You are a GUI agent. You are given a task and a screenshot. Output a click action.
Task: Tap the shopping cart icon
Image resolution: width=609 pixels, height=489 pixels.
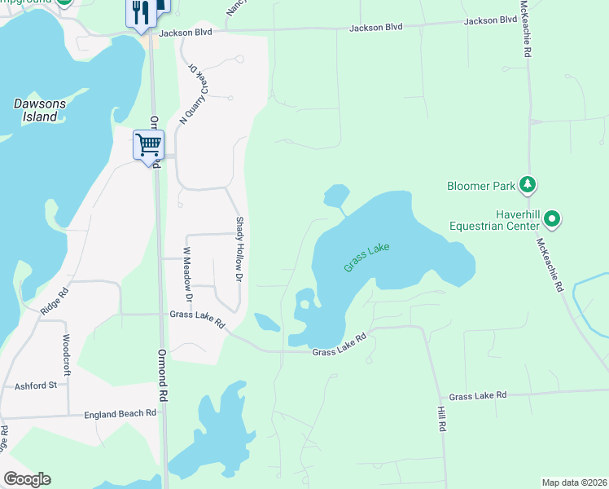click(x=148, y=145)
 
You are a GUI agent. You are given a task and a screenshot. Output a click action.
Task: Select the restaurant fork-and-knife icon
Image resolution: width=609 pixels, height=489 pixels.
click(x=140, y=11)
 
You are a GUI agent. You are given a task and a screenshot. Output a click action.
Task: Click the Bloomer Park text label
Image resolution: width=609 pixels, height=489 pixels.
click(x=481, y=186)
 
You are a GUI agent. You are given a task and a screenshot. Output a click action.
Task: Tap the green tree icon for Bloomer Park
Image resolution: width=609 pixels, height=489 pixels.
click(x=528, y=185)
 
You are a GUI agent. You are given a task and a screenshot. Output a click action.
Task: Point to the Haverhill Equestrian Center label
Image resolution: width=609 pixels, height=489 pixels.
click(x=493, y=219)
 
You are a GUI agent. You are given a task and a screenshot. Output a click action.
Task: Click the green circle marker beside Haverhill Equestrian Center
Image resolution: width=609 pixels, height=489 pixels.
click(x=552, y=218)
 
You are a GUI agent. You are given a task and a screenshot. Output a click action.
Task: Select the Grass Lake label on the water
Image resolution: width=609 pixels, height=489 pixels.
click(x=366, y=256)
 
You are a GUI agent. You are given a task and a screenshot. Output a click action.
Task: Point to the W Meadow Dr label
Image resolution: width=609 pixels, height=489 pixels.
click(x=187, y=270)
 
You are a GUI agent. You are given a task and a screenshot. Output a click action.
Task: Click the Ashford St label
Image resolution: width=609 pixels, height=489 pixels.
click(x=36, y=385)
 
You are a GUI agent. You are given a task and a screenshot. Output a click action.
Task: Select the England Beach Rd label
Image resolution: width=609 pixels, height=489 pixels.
click(x=120, y=414)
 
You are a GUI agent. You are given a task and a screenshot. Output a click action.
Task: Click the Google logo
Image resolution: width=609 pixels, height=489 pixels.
click(x=27, y=479)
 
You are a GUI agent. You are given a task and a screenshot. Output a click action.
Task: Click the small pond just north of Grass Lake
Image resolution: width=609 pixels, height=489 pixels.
click(x=336, y=196)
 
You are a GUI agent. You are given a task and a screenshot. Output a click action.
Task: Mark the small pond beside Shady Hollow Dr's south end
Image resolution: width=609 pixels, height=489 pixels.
click(x=267, y=322)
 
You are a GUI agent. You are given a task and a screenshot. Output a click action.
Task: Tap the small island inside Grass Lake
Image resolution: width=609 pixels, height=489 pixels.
click(x=304, y=305)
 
